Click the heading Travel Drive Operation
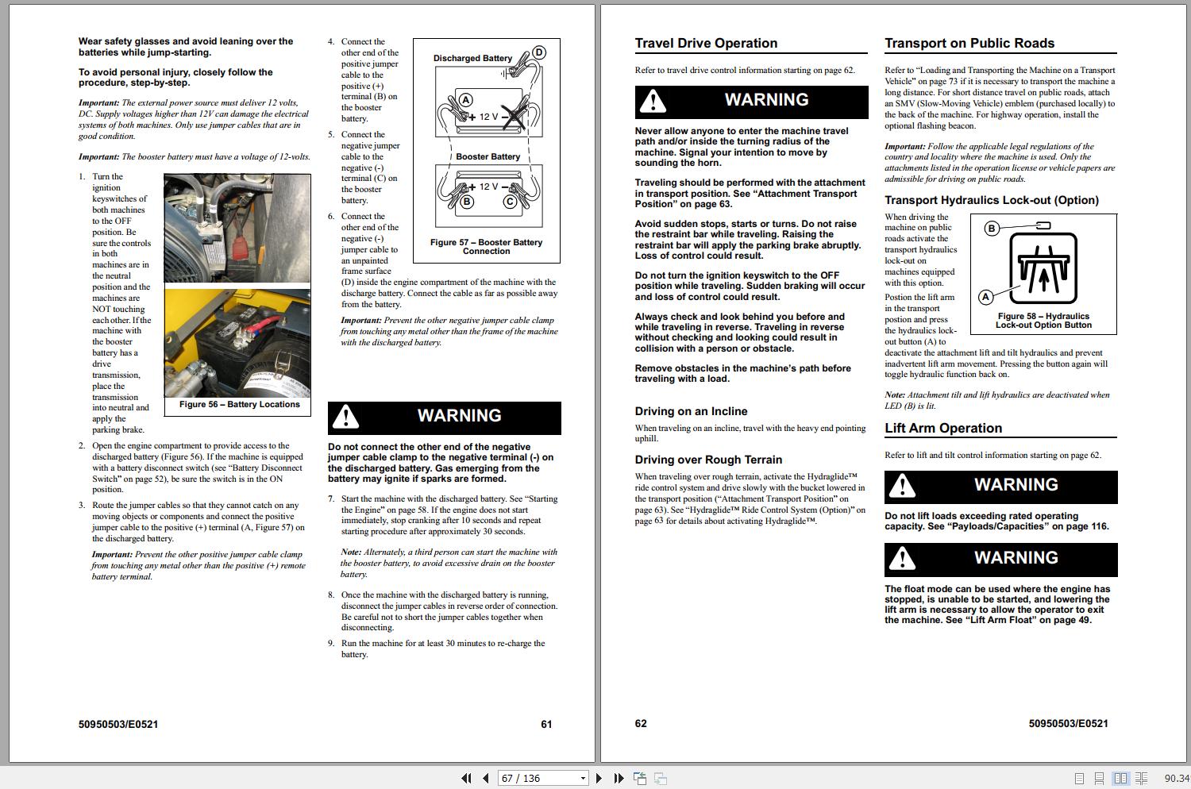[706, 44]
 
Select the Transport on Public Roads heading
[969, 44]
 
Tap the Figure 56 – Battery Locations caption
[239, 405]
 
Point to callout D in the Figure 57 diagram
[539, 53]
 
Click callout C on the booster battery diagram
[510, 202]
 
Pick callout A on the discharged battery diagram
[466, 100]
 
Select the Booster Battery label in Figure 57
[488, 157]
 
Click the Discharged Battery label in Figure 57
[472, 58]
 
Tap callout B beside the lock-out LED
[991, 229]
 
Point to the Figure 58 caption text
[1043, 321]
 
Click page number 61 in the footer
[546, 724]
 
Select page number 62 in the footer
[641, 724]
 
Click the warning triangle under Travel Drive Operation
[653, 102]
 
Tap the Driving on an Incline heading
[691, 411]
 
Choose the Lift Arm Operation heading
[943, 429]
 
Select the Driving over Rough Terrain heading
[708, 460]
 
